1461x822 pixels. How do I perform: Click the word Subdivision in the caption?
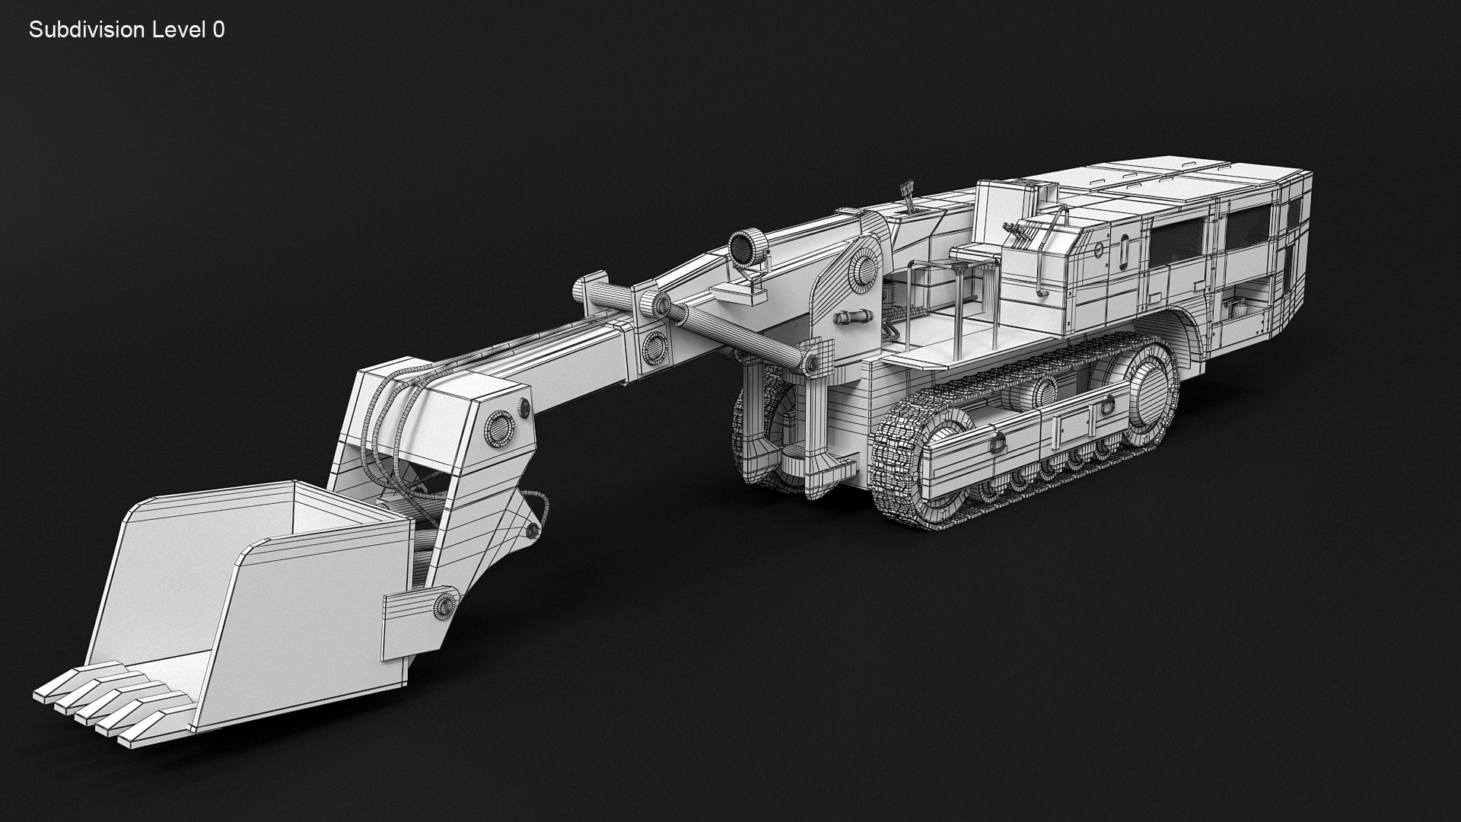pyautogui.click(x=86, y=30)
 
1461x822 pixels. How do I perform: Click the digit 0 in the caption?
pyautogui.click(x=218, y=30)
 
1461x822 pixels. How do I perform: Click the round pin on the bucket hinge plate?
pyautogui.click(x=443, y=605)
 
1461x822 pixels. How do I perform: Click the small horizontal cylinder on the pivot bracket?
pyautogui.click(x=852, y=316)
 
